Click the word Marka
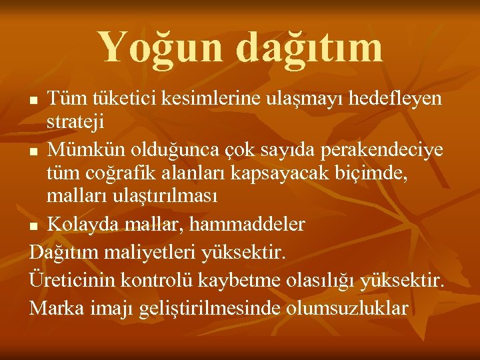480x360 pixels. [x=55, y=309]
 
